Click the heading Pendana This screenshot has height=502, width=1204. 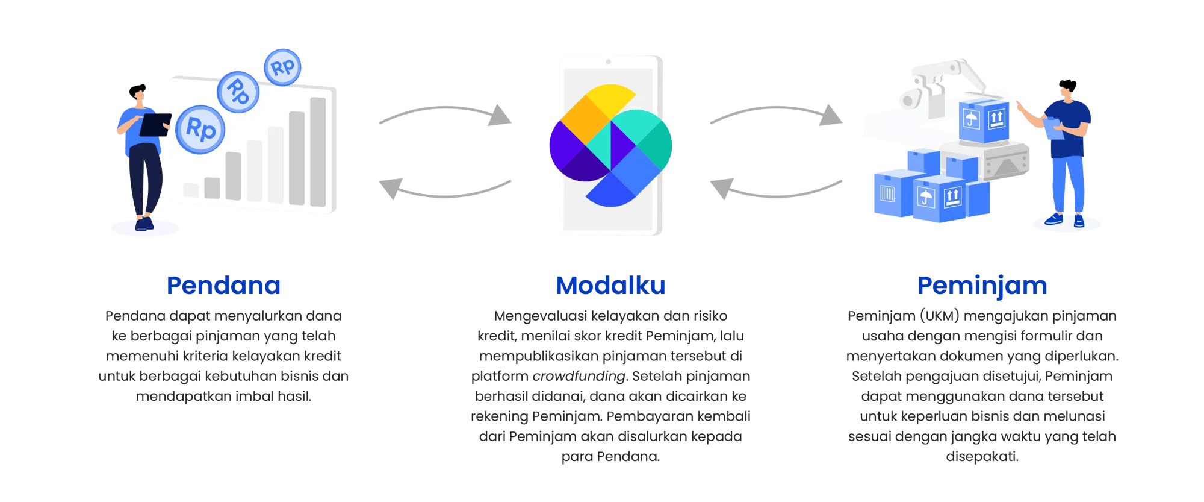(x=223, y=286)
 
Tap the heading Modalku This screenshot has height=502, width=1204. (x=610, y=286)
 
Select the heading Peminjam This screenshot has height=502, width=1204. (x=982, y=286)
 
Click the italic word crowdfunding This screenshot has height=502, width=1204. (x=579, y=376)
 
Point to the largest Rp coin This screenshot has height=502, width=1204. (x=200, y=129)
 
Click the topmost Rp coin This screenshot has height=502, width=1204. (x=282, y=67)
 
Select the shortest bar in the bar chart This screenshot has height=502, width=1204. (x=191, y=190)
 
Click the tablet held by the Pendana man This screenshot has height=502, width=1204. (x=155, y=125)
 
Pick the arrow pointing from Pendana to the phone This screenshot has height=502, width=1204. (x=445, y=115)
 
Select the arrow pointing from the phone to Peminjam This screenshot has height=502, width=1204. (x=777, y=115)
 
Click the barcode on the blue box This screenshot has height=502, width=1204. (x=887, y=193)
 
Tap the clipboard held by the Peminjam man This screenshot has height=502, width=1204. (x=1053, y=129)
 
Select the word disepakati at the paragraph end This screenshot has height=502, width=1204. (x=982, y=456)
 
